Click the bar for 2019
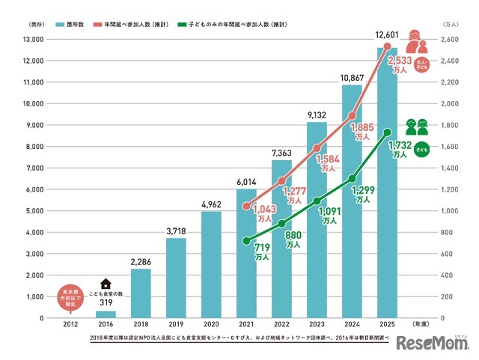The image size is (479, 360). click(x=176, y=278)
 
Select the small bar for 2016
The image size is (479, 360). click(x=106, y=314)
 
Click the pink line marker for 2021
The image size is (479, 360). click(x=246, y=206)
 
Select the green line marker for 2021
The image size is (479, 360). click(x=246, y=241)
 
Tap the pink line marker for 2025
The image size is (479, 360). click(x=387, y=46)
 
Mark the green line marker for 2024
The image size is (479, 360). click(x=352, y=179)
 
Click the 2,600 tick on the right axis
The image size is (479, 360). click(x=451, y=39)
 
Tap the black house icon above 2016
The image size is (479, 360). click(x=106, y=284)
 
